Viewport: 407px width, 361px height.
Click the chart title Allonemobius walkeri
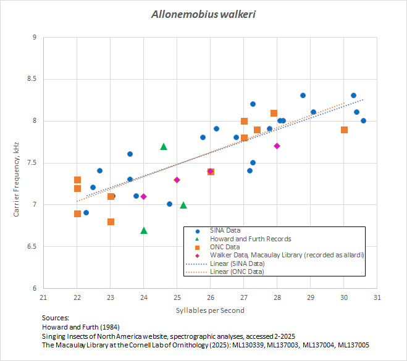203,14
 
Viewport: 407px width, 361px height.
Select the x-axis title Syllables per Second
210,310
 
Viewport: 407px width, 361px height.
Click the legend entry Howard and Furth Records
250,238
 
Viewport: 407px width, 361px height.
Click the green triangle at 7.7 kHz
164,146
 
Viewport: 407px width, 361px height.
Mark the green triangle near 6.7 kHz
144,230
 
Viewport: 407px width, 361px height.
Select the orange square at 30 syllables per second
344,130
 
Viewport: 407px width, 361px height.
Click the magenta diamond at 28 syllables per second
277,146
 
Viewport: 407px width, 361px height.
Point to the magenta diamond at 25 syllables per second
177,180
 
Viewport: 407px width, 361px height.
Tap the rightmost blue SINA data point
364,121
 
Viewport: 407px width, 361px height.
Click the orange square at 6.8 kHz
111,222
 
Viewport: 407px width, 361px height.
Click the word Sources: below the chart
56,317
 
